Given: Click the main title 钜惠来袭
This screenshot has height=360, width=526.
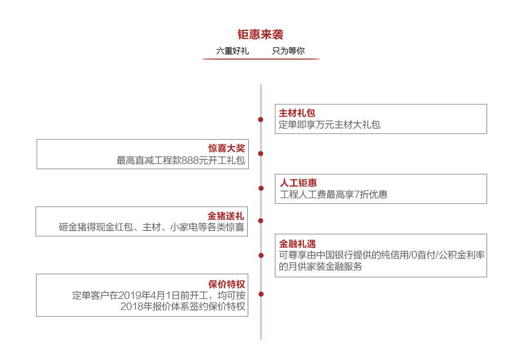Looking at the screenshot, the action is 260,34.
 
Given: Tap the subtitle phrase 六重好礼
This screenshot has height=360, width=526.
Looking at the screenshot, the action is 232,50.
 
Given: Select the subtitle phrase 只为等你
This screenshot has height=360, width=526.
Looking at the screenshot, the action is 288,50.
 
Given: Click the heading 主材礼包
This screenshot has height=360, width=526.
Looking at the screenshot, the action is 297,113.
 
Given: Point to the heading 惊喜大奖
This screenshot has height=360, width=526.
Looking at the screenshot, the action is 226,148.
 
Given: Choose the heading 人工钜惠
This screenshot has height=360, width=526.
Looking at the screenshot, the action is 298,183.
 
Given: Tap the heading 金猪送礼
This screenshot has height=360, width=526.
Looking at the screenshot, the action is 226,216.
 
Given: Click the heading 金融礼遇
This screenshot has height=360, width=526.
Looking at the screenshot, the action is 298,244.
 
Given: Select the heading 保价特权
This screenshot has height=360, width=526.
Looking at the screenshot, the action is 227,284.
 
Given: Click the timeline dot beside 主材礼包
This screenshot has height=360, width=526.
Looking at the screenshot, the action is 261,120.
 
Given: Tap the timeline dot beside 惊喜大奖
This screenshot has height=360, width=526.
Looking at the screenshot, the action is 261,153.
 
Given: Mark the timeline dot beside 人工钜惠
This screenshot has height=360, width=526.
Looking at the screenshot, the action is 261,188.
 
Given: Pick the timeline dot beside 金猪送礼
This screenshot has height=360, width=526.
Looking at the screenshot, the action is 261,221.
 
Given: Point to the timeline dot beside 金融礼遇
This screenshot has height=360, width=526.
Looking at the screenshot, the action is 261,255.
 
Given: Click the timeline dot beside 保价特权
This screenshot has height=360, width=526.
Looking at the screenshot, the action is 261,294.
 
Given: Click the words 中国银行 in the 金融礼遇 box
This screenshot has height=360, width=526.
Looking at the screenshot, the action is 335,255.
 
